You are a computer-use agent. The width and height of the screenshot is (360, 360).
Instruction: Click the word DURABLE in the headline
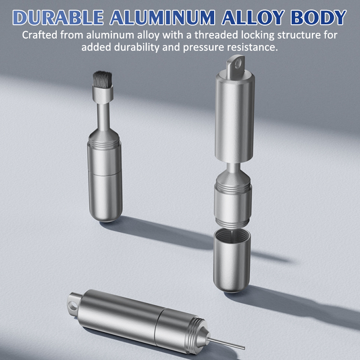click(x=58, y=18)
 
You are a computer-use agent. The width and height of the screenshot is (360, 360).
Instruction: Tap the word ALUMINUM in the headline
click(x=162, y=18)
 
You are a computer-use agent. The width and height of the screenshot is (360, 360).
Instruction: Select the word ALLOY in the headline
click(x=253, y=18)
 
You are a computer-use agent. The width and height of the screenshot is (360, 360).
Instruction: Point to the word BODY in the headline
click(x=319, y=18)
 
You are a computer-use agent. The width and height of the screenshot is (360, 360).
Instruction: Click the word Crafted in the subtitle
click(x=40, y=35)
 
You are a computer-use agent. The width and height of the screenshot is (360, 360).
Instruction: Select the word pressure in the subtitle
click(x=203, y=48)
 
